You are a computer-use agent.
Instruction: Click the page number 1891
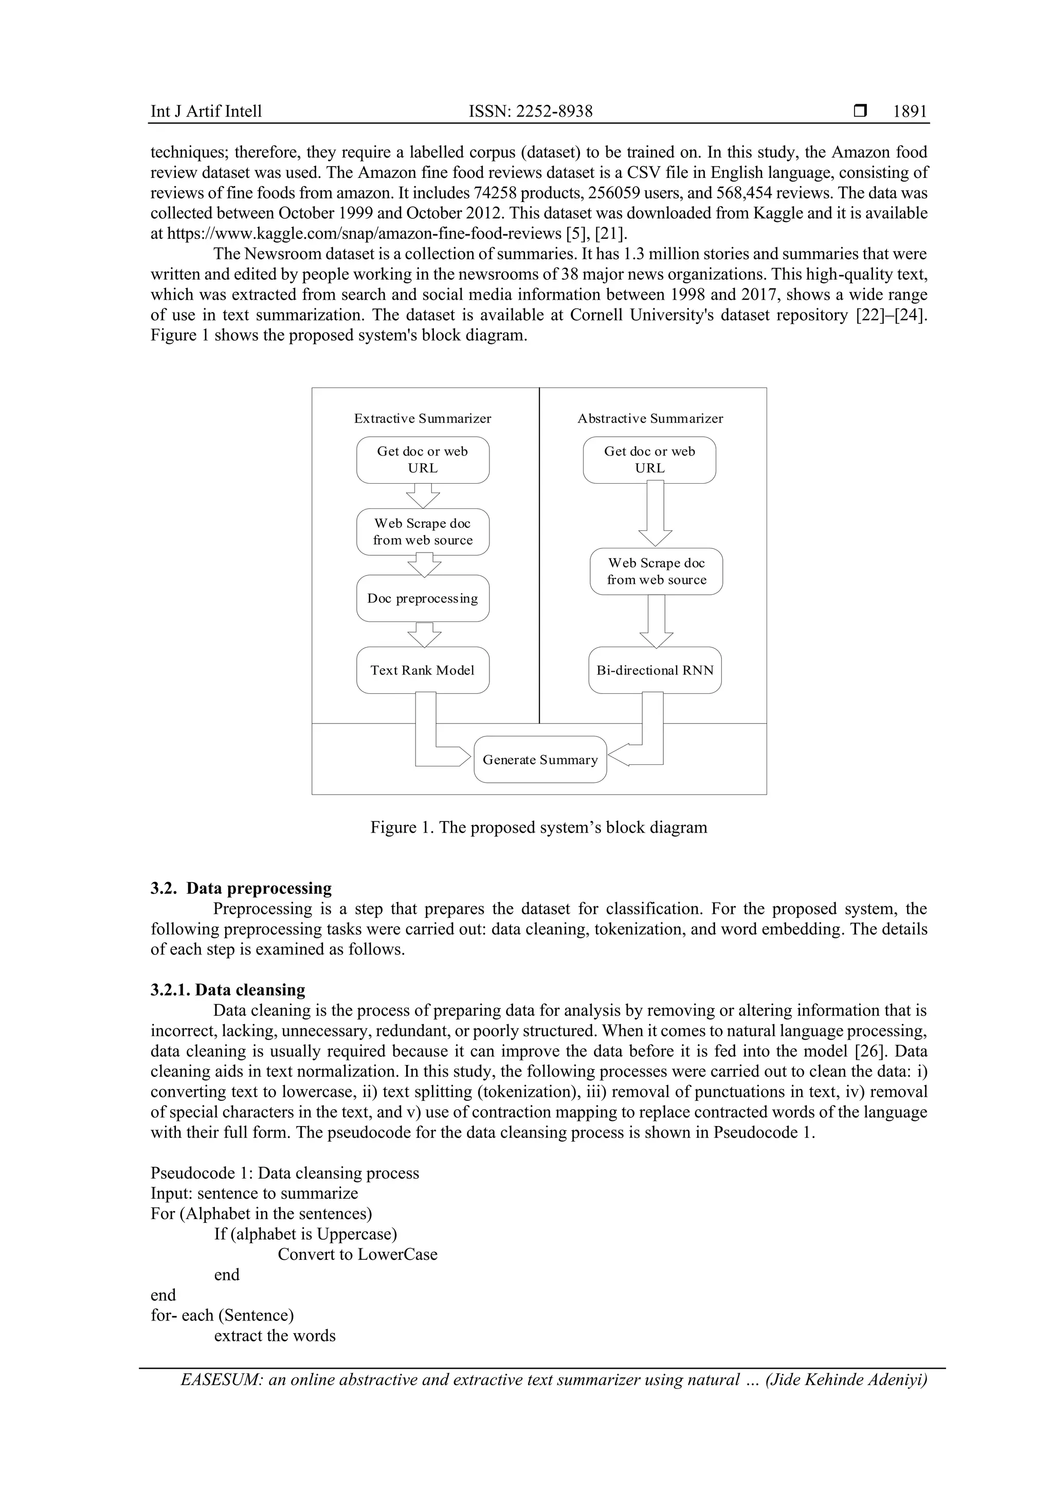[x=909, y=112]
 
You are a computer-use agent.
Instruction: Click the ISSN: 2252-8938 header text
[x=530, y=112]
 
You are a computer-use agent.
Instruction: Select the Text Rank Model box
[x=422, y=670]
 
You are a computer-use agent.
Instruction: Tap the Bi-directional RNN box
[x=655, y=670]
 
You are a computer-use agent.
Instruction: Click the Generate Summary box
[x=540, y=760]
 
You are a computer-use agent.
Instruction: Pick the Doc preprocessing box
[x=422, y=598]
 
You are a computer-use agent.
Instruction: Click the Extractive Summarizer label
[x=422, y=418]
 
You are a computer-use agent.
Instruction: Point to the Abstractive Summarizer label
[x=650, y=418]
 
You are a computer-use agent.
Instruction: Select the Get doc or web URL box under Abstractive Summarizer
[x=649, y=460]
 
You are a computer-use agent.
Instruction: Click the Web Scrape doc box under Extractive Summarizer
[x=422, y=532]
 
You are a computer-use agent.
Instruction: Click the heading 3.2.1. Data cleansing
[x=228, y=989]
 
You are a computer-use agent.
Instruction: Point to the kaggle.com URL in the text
[x=364, y=233]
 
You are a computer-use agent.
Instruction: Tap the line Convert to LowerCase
[x=357, y=1254]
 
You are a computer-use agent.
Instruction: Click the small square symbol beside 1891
[x=860, y=111]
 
